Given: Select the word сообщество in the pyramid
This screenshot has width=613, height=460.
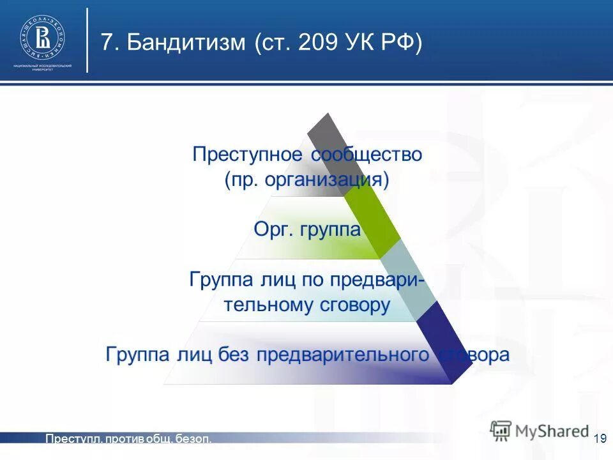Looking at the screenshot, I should pos(367,155).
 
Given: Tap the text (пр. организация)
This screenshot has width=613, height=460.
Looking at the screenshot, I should pos(306,180).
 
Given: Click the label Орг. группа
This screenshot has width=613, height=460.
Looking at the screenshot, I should pos(307,229).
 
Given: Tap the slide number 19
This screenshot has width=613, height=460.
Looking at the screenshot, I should pos(600,438).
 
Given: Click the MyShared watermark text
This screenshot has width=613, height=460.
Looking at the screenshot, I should pos(550,431).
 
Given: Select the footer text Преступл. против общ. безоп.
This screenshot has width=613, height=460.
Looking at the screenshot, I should pos(128,438).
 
